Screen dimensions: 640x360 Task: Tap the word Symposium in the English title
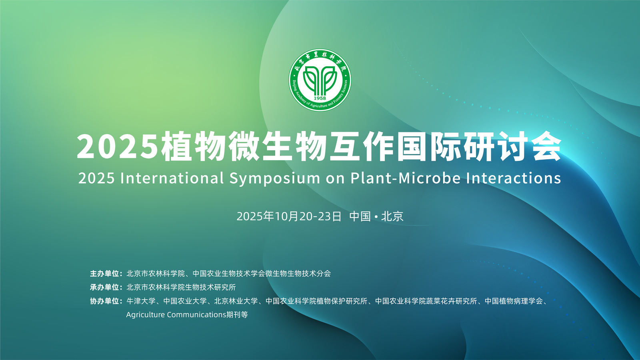[275, 178]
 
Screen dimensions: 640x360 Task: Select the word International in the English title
[172, 178]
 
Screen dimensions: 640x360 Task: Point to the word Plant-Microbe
[406, 178]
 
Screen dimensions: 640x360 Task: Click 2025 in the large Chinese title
[118, 146]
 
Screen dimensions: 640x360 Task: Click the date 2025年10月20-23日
[289, 216]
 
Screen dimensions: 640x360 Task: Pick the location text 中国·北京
[376, 216]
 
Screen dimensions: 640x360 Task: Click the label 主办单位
[104, 274]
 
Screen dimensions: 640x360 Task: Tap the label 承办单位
[104, 287]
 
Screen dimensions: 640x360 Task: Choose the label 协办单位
[104, 301]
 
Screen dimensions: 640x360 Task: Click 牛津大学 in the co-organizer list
[141, 301]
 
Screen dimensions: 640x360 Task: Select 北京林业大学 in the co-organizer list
[236, 301]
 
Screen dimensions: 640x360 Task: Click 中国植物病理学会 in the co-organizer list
[514, 301]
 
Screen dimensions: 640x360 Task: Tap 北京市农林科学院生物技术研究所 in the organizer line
[181, 287]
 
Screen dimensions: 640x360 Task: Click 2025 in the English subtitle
[96, 178]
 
